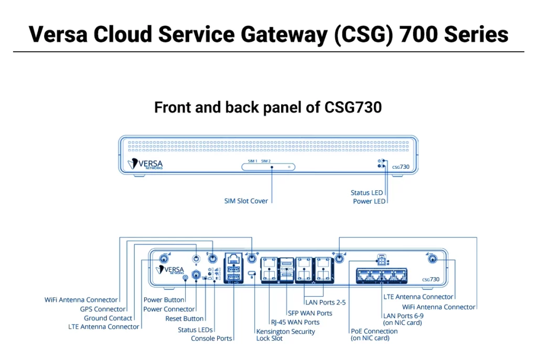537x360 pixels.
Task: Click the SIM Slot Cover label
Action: point(246,201)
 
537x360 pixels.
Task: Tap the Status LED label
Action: point(367,193)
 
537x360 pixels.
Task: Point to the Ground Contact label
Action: point(108,318)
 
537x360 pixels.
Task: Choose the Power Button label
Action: point(164,300)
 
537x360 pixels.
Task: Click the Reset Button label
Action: point(184,319)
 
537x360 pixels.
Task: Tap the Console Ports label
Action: point(211,339)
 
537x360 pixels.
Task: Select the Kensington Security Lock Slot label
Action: point(285,335)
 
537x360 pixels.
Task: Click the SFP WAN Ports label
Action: point(309,313)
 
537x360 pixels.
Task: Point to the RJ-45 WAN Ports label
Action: point(295,322)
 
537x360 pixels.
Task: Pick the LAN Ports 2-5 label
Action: point(325,302)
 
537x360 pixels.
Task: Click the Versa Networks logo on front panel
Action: point(145,165)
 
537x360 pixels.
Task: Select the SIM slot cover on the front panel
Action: point(268,167)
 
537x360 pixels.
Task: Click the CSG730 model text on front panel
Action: point(401,166)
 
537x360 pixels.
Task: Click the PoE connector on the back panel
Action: point(381,260)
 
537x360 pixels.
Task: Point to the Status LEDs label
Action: point(195,330)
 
